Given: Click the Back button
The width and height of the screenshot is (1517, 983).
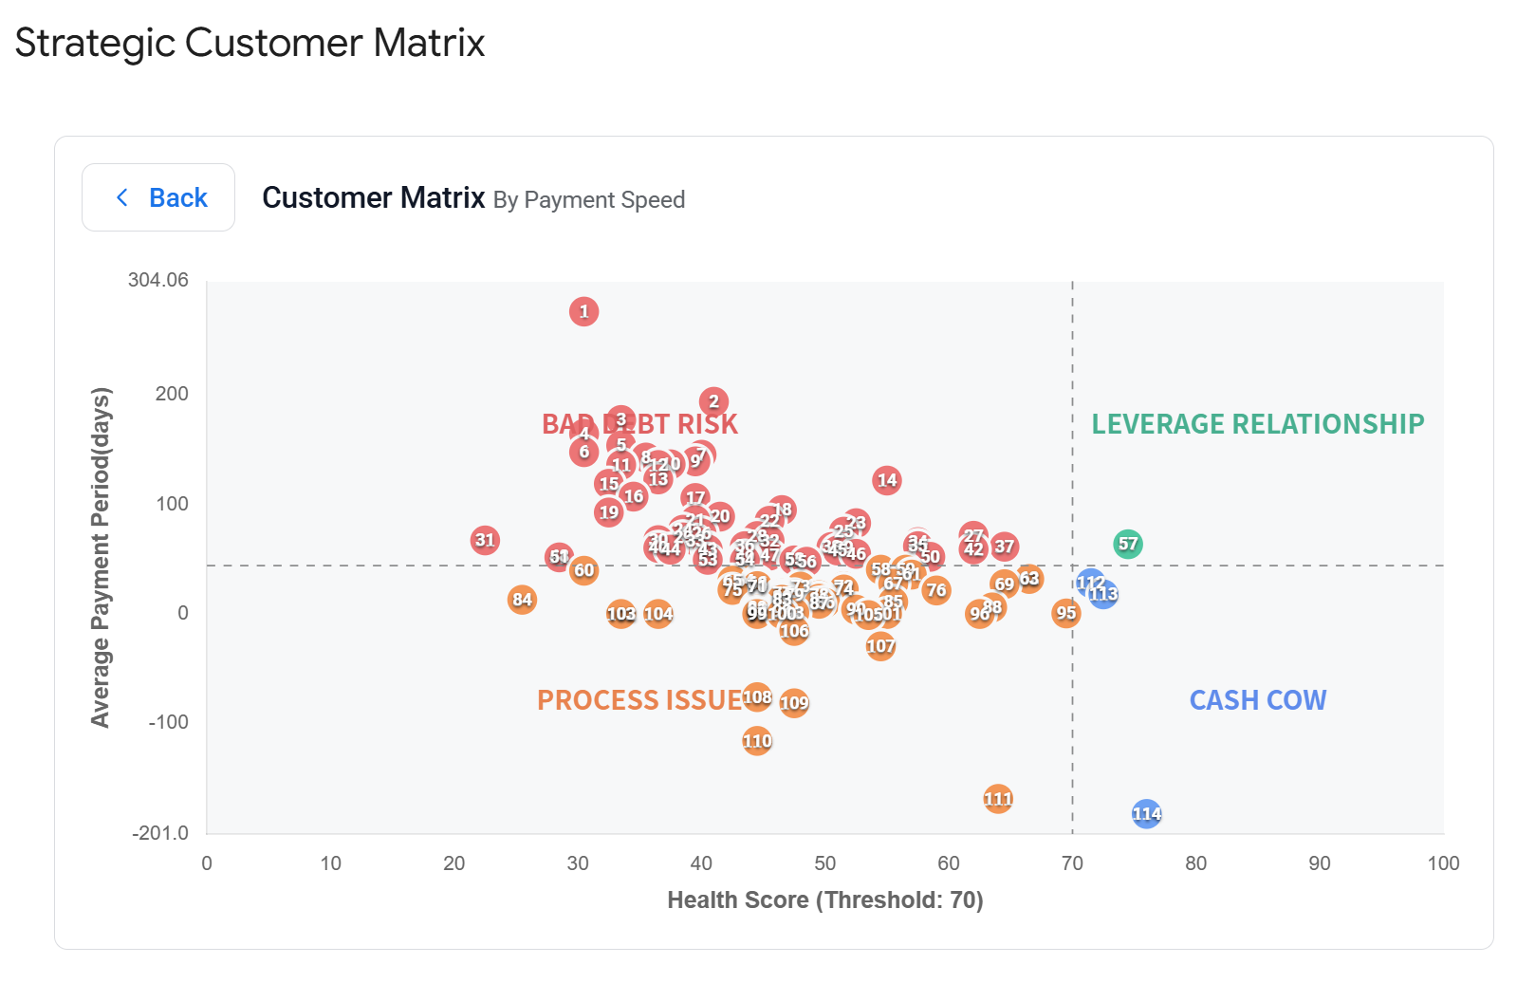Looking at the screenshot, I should pos(158,197).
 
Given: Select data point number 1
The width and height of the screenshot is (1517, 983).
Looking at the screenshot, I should pos(583,311).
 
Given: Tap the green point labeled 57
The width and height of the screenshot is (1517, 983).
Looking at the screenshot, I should pos(1127,544).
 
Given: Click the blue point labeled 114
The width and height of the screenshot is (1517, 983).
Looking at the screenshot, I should pos(1146,813).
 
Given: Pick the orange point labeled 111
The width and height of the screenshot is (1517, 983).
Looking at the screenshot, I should pos(997,799).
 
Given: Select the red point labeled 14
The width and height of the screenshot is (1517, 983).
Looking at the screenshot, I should pos(886,480).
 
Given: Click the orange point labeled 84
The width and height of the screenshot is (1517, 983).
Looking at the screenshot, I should pos(522,600).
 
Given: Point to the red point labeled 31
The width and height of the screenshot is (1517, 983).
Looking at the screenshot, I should pos(485,540).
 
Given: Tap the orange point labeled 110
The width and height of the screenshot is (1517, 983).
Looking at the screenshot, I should pos(757,741).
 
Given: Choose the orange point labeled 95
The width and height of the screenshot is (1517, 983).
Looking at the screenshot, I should pos(1065,613).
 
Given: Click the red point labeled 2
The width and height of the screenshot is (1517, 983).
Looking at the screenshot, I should pos(713,401).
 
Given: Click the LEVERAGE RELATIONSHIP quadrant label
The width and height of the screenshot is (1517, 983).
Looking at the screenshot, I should pos(1257,424).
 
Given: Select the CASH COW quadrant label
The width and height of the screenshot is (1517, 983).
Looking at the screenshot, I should pos(1257,700).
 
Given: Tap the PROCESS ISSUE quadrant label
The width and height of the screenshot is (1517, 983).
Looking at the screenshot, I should pos(638,700).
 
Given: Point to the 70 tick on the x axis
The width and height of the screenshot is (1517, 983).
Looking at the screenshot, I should pos(1072,863).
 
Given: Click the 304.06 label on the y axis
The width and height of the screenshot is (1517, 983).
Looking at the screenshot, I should pos(158,280).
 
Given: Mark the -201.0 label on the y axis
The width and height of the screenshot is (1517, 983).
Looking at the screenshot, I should pos(160,833).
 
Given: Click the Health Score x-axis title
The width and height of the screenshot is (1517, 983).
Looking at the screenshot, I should pos(824,900).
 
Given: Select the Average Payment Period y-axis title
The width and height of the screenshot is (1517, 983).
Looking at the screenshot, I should pos(101,557).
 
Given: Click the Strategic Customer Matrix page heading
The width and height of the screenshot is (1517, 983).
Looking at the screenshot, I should pos(250,43).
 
